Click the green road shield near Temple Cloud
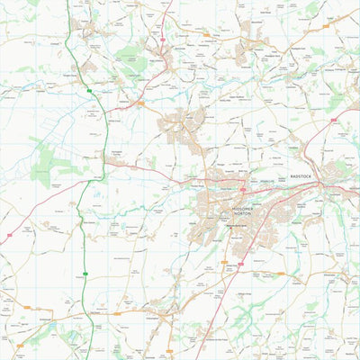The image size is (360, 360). click(x=88, y=92)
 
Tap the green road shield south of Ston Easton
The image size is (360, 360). click(x=86, y=273)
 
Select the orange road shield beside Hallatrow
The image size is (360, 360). click(x=140, y=103)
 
